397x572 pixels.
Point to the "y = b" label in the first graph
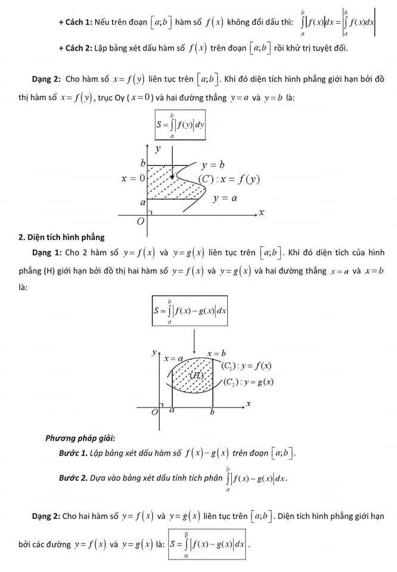coord(213,164)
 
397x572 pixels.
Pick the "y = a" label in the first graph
coord(225,198)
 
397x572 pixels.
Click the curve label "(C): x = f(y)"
coord(229,179)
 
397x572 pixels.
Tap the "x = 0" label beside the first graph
coord(133,178)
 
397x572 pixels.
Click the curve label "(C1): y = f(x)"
coord(246,365)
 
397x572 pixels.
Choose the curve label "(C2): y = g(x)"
coord(248,382)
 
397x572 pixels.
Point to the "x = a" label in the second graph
coord(173,358)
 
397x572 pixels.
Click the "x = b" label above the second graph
coord(216,353)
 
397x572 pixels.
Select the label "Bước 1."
coord(73,453)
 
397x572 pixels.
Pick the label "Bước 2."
coord(73,478)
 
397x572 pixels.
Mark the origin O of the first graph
coord(141,222)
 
